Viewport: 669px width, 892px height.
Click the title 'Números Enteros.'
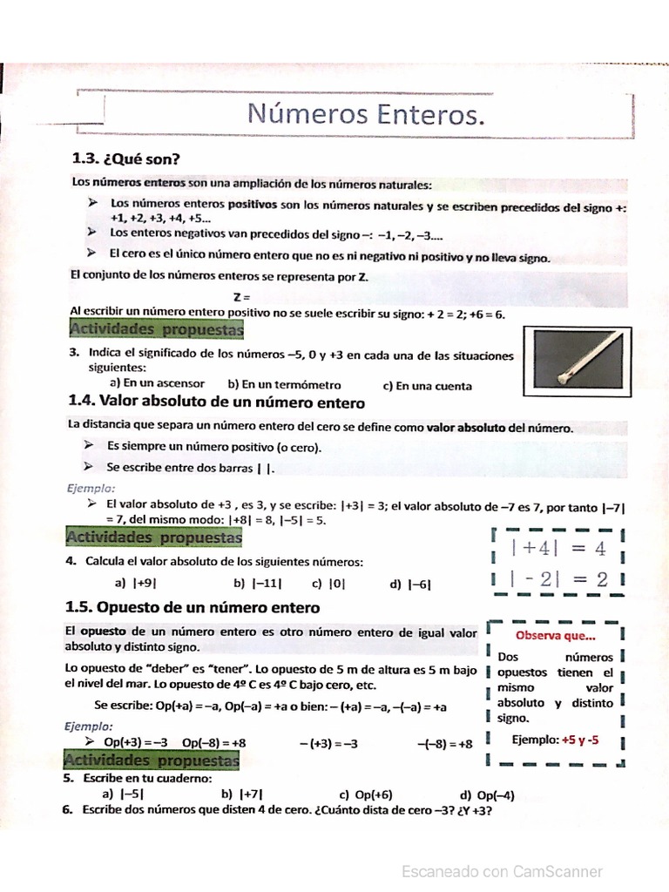364,114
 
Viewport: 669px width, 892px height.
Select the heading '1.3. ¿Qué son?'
125,159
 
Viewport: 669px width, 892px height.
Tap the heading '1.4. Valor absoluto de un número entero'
216,402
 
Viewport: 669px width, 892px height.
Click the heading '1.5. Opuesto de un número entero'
193,607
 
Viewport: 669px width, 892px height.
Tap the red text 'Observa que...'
555,636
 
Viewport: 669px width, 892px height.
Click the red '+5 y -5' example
579,740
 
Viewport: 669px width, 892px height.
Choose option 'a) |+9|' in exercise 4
135,585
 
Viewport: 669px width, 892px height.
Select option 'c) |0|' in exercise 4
328,585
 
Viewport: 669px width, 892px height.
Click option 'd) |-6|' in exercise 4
410,585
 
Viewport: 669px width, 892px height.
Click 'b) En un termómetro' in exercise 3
284,384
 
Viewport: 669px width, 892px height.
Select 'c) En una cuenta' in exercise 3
427,385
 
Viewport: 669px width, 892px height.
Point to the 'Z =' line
241,297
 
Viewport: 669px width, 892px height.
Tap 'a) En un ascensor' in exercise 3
157,382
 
